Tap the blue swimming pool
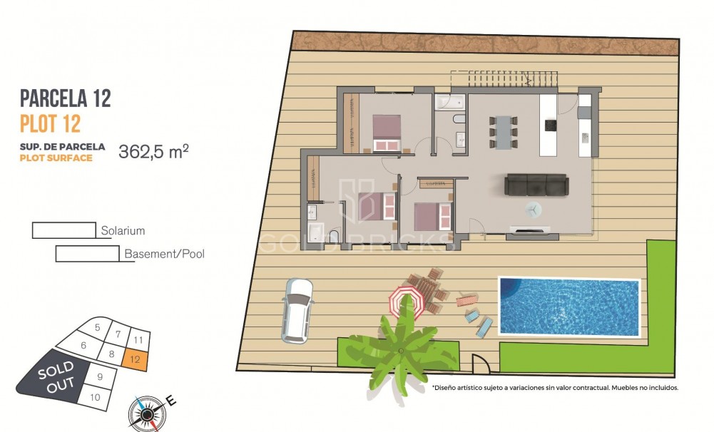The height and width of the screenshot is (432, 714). [568, 307]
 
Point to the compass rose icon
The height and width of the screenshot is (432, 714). [146, 412]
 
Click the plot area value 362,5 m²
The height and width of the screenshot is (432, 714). [153, 151]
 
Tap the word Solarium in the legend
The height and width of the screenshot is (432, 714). [123, 231]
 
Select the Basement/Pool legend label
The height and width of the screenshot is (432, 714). [164, 254]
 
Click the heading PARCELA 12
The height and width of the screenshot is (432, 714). [66, 98]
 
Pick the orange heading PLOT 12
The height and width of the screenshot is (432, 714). [50, 124]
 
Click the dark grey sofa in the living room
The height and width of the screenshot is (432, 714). [536, 185]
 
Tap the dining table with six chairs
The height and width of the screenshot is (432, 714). [504, 132]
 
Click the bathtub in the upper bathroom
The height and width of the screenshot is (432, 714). [450, 103]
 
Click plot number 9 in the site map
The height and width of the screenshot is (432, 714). [101, 376]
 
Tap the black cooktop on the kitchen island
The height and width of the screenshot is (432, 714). [550, 125]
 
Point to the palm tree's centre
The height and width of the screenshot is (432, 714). [402, 349]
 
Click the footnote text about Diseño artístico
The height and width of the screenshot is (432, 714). [554, 388]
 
